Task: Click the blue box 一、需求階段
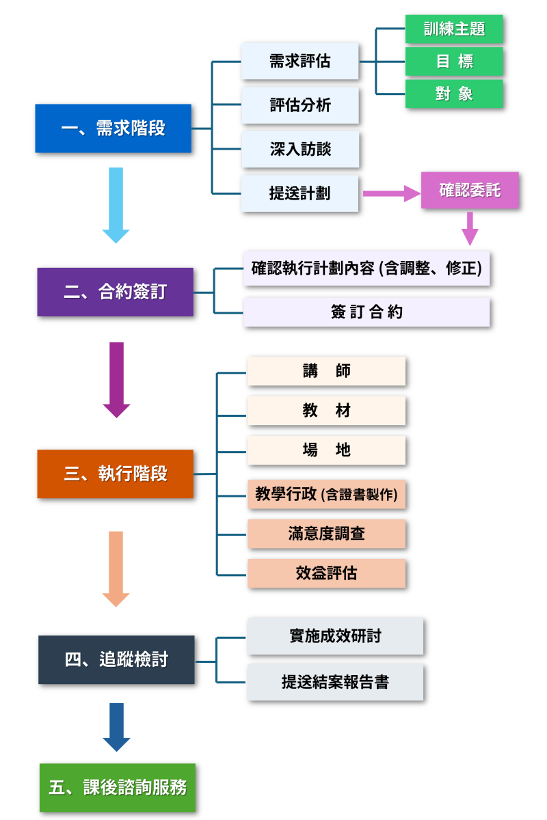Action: [x=113, y=128]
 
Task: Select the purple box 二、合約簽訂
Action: [x=115, y=292]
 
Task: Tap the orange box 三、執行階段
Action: [x=115, y=474]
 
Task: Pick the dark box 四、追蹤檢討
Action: [x=116, y=659]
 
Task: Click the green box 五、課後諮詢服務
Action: [x=117, y=787]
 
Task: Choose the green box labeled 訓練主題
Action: [x=454, y=30]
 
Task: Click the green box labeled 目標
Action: [x=454, y=61]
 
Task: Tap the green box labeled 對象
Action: [x=454, y=94]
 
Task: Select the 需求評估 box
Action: [x=299, y=61]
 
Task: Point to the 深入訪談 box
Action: [x=299, y=149]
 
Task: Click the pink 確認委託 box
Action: [x=470, y=190]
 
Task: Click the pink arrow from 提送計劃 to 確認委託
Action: [x=390, y=194]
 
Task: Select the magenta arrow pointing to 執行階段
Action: [x=116, y=379]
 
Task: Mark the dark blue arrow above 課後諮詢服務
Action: [x=116, y=726]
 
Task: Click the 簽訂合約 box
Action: [x=366, y=312]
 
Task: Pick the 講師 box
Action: [x=326, y=371]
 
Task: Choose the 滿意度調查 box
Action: [x=326, y=534]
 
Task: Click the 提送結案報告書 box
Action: [x=335, y=682]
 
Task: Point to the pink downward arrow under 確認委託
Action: [x=469, y=228]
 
